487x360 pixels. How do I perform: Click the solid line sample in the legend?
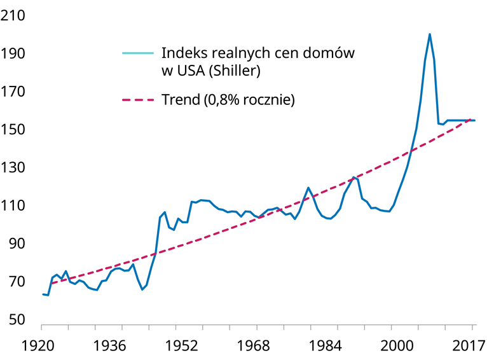(x=138, y=53)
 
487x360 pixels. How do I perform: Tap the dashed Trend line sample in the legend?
(x=138, y=100)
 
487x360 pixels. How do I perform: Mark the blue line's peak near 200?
(x=430, y=34)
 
